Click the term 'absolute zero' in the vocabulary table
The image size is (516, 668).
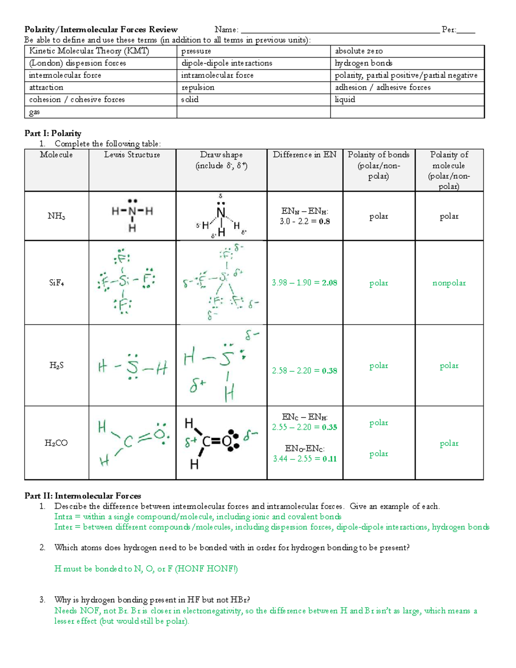click(359, 51)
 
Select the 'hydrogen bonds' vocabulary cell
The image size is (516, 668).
click(363, 63)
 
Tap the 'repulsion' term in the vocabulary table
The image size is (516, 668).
click(197, 87)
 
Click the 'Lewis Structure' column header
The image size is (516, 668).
click(132, 155)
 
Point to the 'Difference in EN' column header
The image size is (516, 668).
click(304, 155)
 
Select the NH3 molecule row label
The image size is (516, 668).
click(56, 216)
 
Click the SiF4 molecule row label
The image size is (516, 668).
click(56, 283)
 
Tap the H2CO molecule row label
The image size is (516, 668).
click(56, 443)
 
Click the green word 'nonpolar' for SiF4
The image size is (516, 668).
click(449, 283)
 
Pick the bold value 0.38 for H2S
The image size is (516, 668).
click(329, 371)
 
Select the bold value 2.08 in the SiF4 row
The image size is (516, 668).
click(329, 283)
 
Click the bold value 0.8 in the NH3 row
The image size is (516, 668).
click(324, 222)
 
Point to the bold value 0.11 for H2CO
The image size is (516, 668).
click(329, 459)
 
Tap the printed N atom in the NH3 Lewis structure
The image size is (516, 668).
click(132, 211)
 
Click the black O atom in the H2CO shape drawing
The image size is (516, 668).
click(227, 441)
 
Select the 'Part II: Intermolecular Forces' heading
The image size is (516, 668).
click(83, 496)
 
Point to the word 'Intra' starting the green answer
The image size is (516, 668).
click(63, 517)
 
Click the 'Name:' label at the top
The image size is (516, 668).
click(226, 30)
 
